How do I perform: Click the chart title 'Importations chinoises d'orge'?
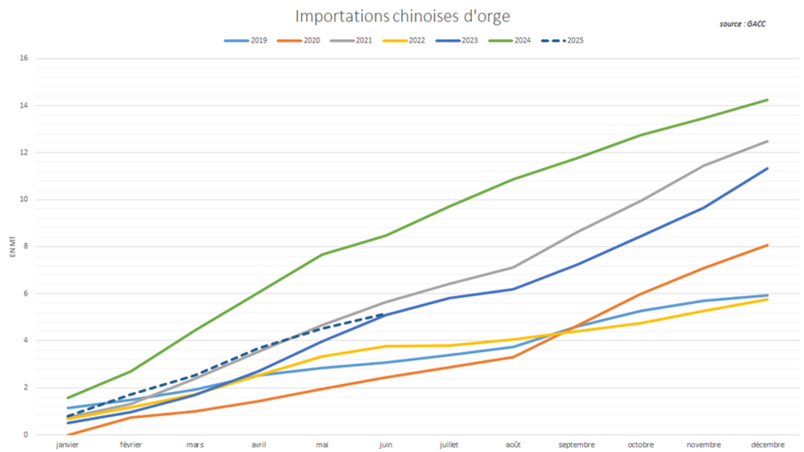click(x=402, y=16)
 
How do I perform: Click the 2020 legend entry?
click(x=297, y=40)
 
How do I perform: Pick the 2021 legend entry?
click(x=351, y=40)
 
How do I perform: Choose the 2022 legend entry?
click(x=404, y=40)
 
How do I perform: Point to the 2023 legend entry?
click(x=457, y=40)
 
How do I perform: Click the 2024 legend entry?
click(x=510, y=40)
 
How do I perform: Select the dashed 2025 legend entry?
click(x=564, y=40)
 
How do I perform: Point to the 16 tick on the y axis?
click(x=24, y=59)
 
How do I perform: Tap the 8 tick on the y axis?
click(x=26, y=247)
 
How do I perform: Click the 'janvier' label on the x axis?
click(x=68, y=444)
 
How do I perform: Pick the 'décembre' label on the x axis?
click(x=767, y=444)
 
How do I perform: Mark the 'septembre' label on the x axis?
click(x=576, y=444)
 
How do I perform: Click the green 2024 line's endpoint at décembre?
click(x=767, y=100)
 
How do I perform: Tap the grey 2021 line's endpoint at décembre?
click(x=767, y=142)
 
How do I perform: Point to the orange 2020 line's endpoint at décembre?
click(x=767, y=245)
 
